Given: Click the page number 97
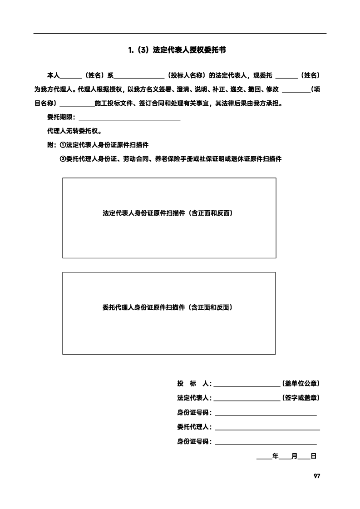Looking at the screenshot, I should pyautogui.click(x=317, y=476).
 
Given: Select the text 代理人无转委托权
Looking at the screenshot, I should pyautogui.click(x=74, y=131).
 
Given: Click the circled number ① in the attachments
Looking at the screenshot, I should pyautogui.click(x=63, y=145).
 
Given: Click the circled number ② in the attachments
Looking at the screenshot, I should pyautogui.click(x=63, y=158).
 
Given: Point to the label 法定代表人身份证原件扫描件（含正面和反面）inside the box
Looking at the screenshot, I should pyautogui.click(x=168, y=212).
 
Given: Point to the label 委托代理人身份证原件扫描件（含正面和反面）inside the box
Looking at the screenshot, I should pyautogui.click(x=168, y=307).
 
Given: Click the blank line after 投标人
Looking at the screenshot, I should pyautogui.click(x=247, y=384).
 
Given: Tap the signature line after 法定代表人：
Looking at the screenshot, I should pyautogui.click(x=247, y=399).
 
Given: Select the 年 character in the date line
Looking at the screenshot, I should pyautogui.click(x=275, y=456).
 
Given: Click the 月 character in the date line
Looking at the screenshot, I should pyautogui.click(x=294, y=456).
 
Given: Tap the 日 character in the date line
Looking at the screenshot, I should pyautogui.click(x=313, y=456).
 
